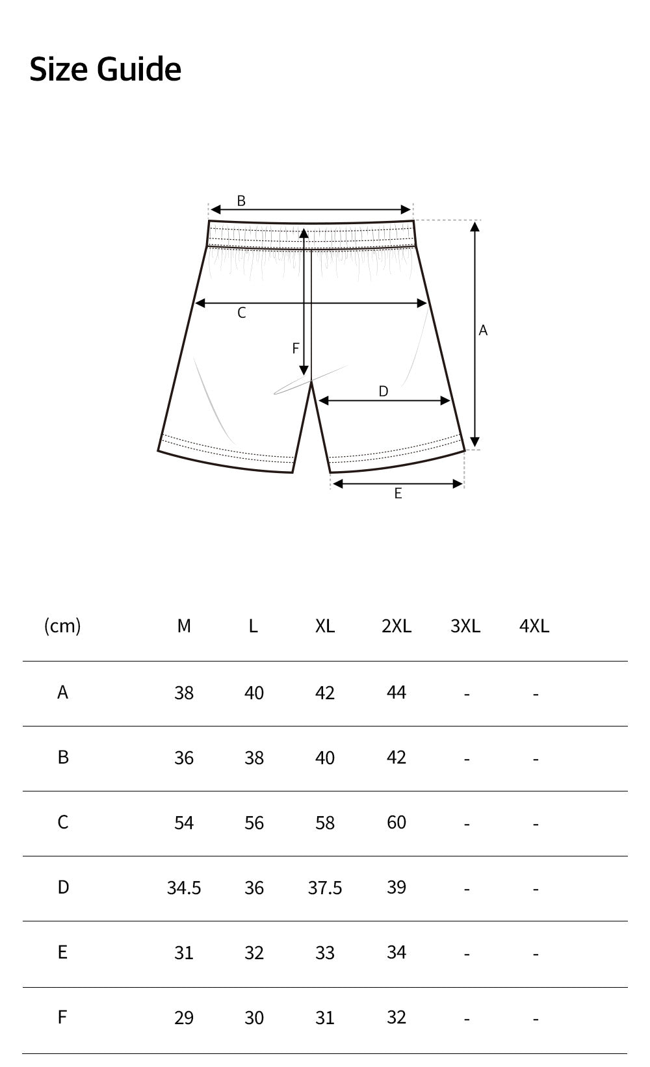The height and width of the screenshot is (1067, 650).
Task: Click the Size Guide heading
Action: point(105,69)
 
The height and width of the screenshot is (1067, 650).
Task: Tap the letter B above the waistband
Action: point(241,201)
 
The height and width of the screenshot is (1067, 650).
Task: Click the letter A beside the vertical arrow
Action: point(483,331)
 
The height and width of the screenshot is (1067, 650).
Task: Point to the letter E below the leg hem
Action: point(398,494)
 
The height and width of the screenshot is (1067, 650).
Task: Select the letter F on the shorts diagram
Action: point(296,349)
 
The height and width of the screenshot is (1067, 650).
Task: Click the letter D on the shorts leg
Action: point(383,391)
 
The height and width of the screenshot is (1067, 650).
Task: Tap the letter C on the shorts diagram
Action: point(242,313)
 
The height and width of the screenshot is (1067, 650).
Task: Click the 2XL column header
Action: point(396,626)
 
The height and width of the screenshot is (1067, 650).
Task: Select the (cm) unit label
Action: point(62,626)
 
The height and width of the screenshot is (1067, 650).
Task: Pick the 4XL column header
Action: point(534,626)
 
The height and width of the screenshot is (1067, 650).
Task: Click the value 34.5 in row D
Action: point(184,888)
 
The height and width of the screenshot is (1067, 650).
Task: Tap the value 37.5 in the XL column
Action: point(325,888)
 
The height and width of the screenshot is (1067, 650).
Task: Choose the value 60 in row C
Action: point(396,823)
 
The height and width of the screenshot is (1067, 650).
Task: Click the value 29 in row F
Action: point(184,1018)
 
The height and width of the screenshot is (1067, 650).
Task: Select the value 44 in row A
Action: point(396,693)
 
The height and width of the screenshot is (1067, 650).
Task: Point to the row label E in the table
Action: point(62,953)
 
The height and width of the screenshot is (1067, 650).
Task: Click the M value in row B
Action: point(184,758)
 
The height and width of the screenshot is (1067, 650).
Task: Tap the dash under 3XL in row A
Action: point(467,694)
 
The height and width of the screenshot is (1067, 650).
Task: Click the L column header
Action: point(253,626)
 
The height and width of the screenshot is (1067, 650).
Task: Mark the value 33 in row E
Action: point(325,953)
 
